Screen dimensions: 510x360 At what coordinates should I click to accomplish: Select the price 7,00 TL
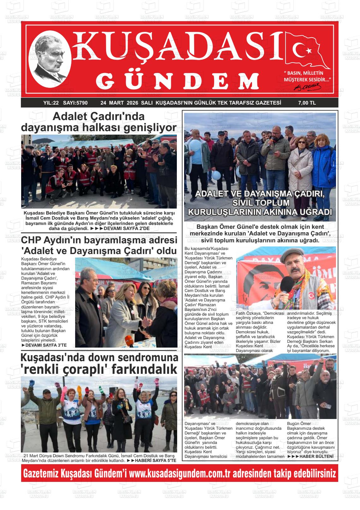(x=307, y=103)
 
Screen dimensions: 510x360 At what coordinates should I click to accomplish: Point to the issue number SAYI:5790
(x=75, y=103)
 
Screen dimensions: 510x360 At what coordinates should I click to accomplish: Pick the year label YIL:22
(x=51, y=103)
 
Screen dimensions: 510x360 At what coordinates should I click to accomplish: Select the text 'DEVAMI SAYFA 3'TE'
(x=46, y=345)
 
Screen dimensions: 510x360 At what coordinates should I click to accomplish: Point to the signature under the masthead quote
(x=308, y=86)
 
